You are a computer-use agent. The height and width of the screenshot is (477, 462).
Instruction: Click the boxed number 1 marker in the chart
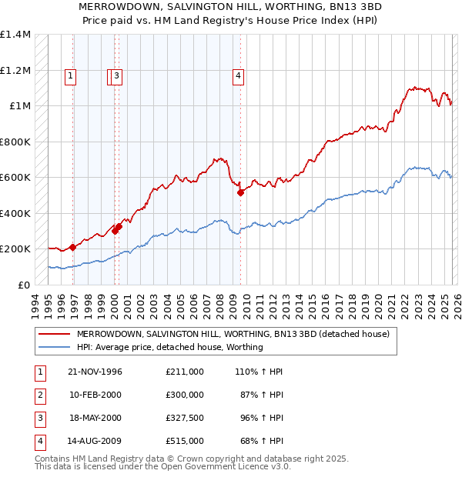[70, 75]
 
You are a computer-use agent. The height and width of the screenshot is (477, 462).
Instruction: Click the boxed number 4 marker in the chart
[239, 75]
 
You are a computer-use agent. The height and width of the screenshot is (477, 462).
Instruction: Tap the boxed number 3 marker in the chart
[117, 75]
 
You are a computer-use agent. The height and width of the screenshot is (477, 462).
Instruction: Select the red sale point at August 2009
[240, 192]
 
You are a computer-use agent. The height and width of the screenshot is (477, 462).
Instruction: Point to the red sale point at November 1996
[72, 247]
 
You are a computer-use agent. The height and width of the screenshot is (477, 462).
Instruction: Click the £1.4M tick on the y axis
[15, 35]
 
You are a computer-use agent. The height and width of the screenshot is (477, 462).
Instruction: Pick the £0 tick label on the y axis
[23, 285]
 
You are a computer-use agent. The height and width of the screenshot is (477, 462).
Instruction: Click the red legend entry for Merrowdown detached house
[233, 334]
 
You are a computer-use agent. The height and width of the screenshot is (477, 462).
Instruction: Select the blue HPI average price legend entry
[169, 347]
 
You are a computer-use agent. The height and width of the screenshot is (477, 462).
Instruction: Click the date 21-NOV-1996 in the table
[95, 372]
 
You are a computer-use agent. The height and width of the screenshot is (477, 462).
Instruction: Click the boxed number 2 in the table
[39, 395]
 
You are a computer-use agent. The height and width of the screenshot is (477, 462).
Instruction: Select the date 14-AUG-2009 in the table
[95, 441]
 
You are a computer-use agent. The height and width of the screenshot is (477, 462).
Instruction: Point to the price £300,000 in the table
[184, 395]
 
